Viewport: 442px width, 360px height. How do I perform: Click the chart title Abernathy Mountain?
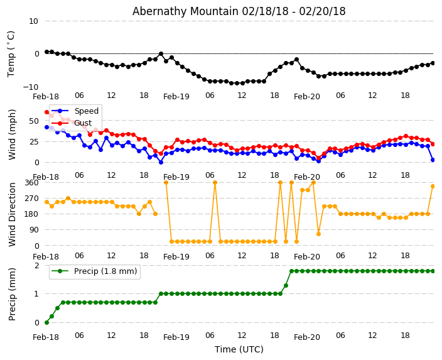tap(239, 11)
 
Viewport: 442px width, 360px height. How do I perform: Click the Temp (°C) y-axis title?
tap(11, 53)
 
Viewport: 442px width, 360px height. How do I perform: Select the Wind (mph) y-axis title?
tap(12, 134)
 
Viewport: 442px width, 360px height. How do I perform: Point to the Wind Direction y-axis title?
tap(12, 214)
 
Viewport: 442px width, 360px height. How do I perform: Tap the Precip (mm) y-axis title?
tap(12, 294)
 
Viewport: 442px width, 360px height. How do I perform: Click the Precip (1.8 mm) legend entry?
tap(101, 272)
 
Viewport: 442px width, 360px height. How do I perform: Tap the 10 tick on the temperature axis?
tap(33, 21)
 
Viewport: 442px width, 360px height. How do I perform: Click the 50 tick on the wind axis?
tap(34, 120)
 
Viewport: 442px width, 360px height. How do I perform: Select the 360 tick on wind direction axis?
tap(31, 182)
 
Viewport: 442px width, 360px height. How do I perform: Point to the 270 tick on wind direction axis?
tap(31, 199)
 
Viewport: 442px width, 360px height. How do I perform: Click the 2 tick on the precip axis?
tap(36, 266)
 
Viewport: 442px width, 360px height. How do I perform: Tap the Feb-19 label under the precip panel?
tap(176, 337)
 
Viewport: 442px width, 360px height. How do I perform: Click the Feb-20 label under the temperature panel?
tap(307, 97)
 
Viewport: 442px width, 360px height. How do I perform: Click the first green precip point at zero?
tap(46, 322)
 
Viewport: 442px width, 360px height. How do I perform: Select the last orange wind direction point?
tap(433, 186)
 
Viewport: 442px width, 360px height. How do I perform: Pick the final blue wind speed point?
tap(433, 160)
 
